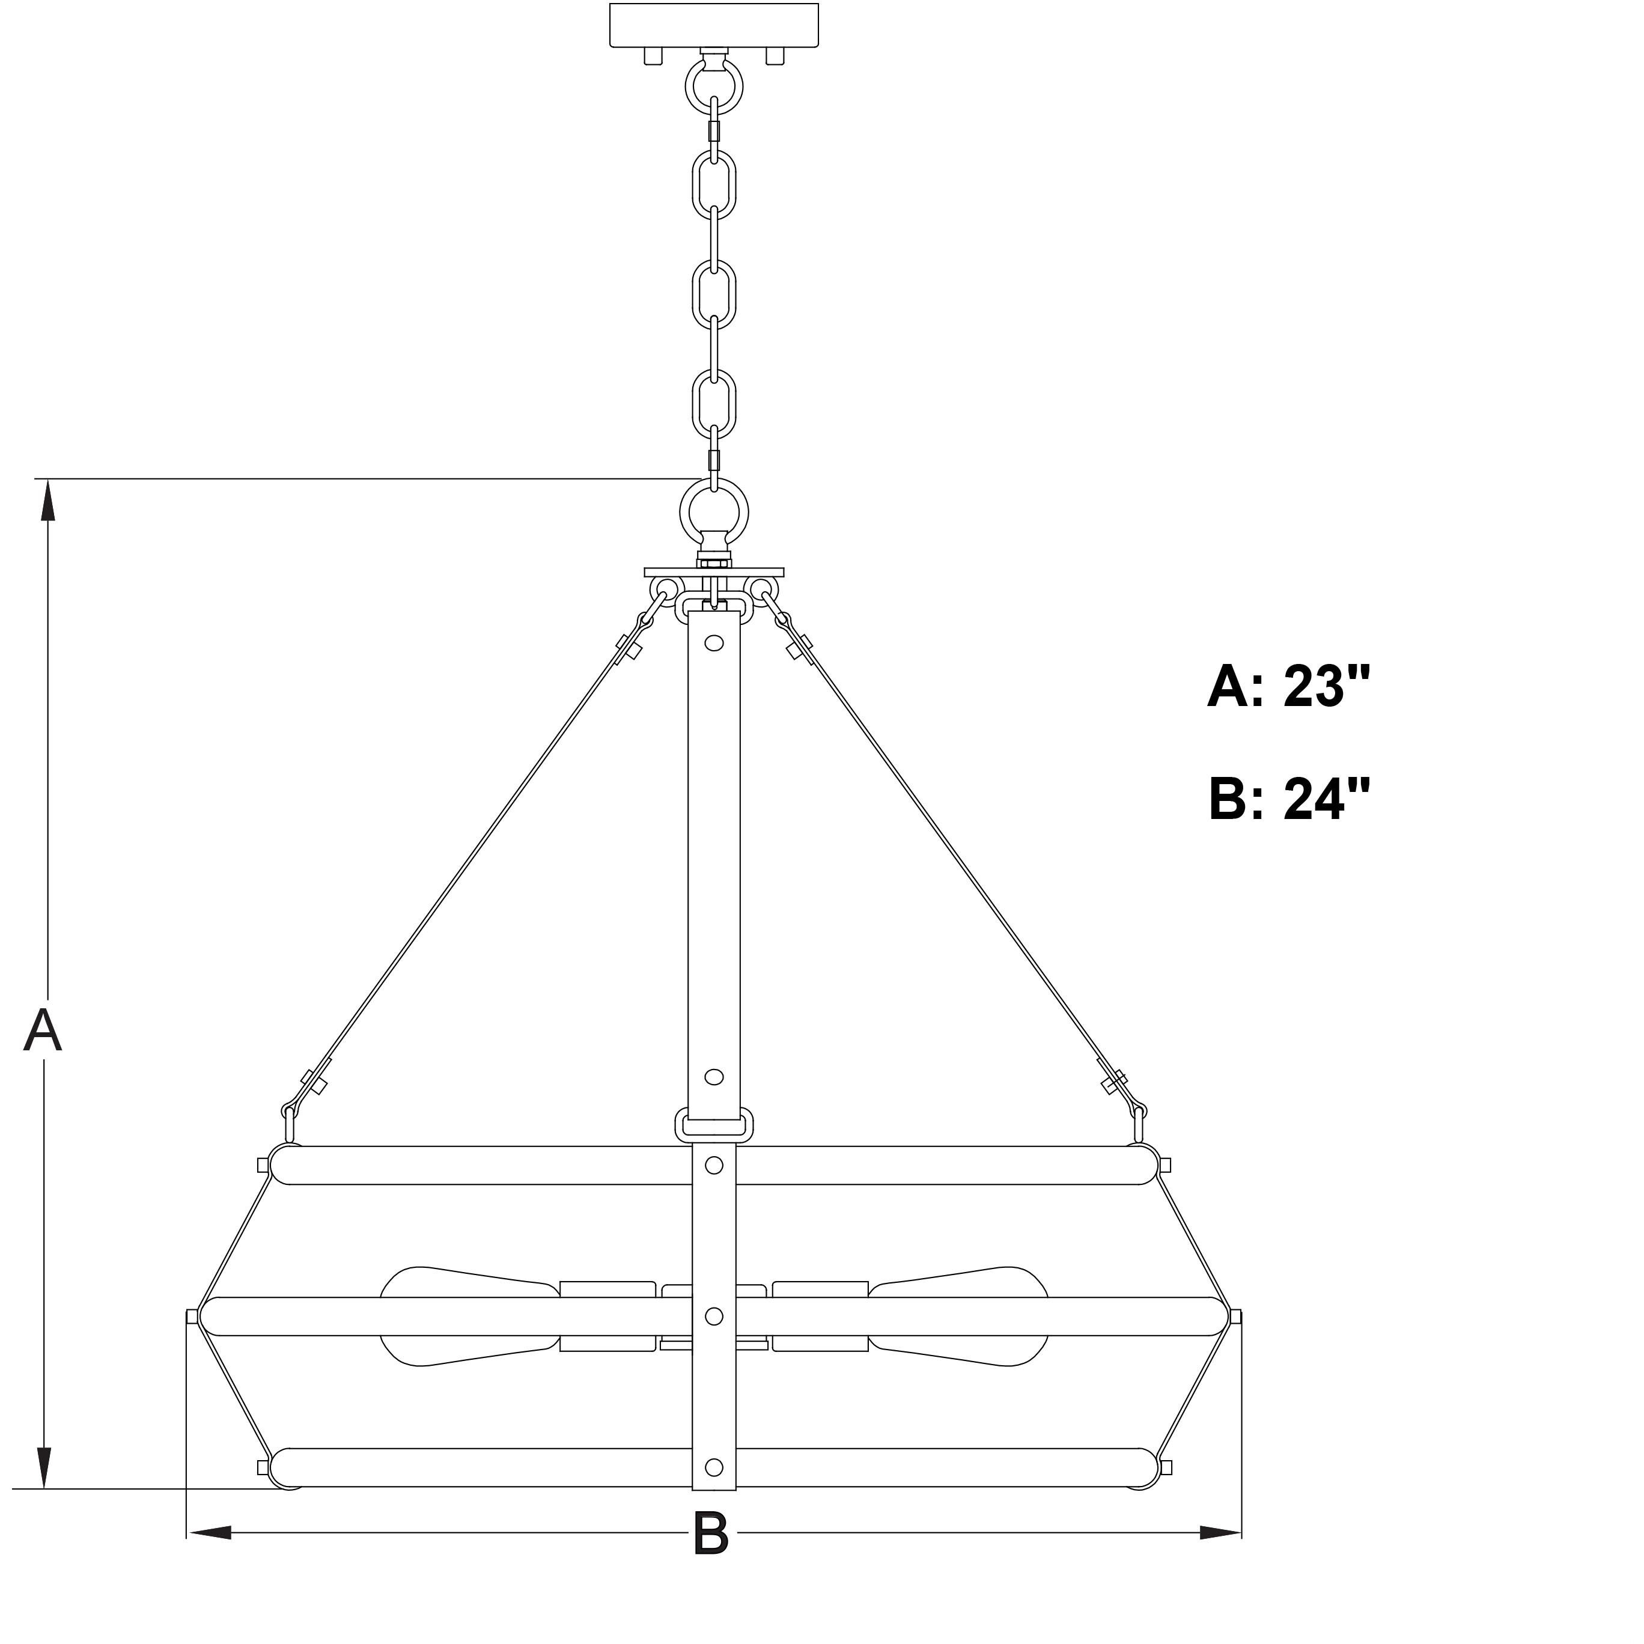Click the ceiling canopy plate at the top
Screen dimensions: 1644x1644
714,25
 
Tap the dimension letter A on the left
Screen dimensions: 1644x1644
43,1030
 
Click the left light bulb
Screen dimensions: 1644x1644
470,1315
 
